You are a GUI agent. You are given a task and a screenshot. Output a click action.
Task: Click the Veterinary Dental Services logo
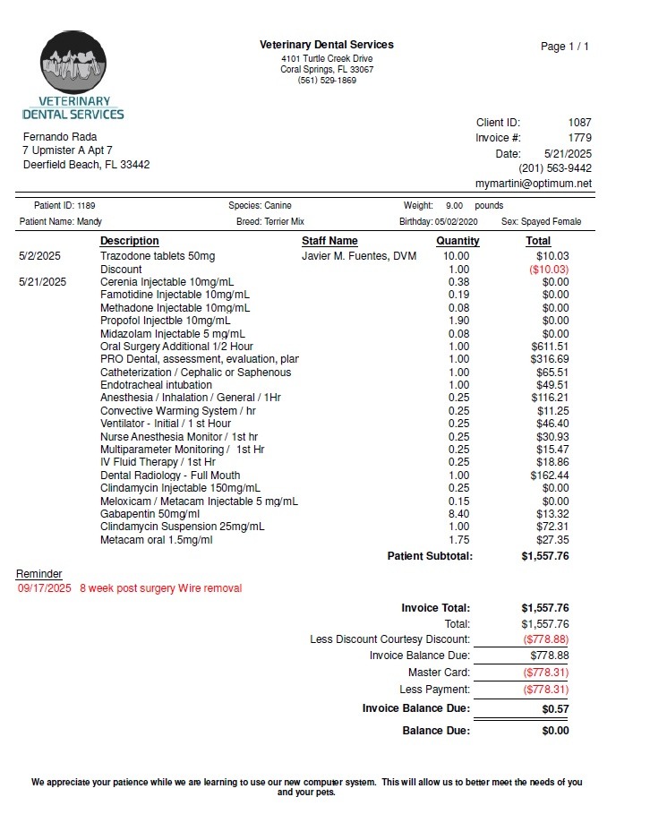click(x=73, y=76)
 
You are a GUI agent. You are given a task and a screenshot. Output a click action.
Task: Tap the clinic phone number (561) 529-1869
click(x=327, y=81)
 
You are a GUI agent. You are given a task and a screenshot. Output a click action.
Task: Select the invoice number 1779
click(x=579, y=138)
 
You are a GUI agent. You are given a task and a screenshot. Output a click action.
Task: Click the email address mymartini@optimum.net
click(x=533, y=183)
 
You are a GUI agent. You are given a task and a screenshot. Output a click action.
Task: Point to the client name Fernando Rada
click(x=60, y=137)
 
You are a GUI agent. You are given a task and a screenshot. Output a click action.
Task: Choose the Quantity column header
click(x=458, y=241)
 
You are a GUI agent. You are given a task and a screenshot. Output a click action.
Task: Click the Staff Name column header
click(x=329, y=241)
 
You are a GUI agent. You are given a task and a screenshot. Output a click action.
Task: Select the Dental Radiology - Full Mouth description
click(x=170, y=476)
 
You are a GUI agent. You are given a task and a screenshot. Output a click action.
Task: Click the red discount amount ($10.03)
click(x=549, y=270)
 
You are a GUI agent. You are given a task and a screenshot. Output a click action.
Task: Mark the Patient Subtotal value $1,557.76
click(x=544, y=556)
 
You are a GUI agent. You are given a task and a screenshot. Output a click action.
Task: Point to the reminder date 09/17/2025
click(x=44, y=588)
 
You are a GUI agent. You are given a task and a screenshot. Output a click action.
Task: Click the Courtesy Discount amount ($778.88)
click(x=544, y=639)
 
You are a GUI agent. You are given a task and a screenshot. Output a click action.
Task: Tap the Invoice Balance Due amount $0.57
click(x=555, y=709)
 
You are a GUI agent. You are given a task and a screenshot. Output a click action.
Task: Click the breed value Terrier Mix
click(x=284, y=221)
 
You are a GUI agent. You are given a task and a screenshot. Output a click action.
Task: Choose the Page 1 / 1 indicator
click(x=565, y=47)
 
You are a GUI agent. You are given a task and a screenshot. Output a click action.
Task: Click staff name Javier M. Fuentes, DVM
click(x=359, y=256)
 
